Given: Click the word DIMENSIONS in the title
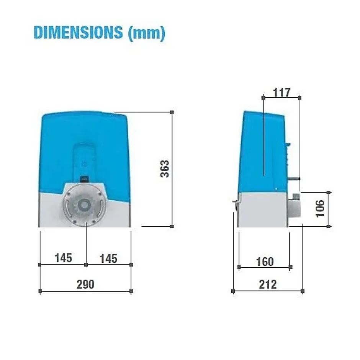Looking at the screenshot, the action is point(78,33).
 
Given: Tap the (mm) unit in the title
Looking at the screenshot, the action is point(147,33).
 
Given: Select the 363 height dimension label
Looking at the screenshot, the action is point(165,169).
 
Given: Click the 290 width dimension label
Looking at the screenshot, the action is point(85,285).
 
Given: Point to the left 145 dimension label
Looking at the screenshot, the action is point(63,258).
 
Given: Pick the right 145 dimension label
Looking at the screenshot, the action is point(108,259).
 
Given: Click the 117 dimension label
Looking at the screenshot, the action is point(281,93).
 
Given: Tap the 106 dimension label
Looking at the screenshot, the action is point(320,208).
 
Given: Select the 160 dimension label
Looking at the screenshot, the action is point(265,262).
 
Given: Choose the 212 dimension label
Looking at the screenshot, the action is point(268,285).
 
